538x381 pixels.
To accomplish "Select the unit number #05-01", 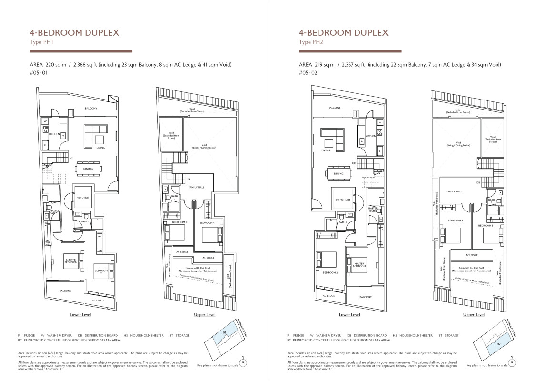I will [x=39, y=73].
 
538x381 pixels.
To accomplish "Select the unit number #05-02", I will [x=308, y=73].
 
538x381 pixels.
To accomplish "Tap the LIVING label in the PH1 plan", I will [x=100, y=148].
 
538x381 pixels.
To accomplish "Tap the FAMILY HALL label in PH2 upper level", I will [x=454, y=191].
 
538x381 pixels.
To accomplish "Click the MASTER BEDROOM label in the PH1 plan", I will [x=71, y=261].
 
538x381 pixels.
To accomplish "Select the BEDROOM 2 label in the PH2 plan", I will [x=330, y=273].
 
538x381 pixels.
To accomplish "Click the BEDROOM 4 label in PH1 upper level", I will [x=206, y=223].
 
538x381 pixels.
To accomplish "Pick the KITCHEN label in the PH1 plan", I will [x=54, y=134].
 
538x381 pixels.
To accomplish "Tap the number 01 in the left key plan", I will [x=224, y=332].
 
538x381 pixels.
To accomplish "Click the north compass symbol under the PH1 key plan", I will [x=243, y=363].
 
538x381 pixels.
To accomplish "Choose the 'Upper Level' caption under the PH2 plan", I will [x=473, y=315].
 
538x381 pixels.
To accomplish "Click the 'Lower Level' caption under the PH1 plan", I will [x=80, y=315].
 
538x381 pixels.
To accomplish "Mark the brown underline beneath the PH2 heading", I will [x=350, y=51].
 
